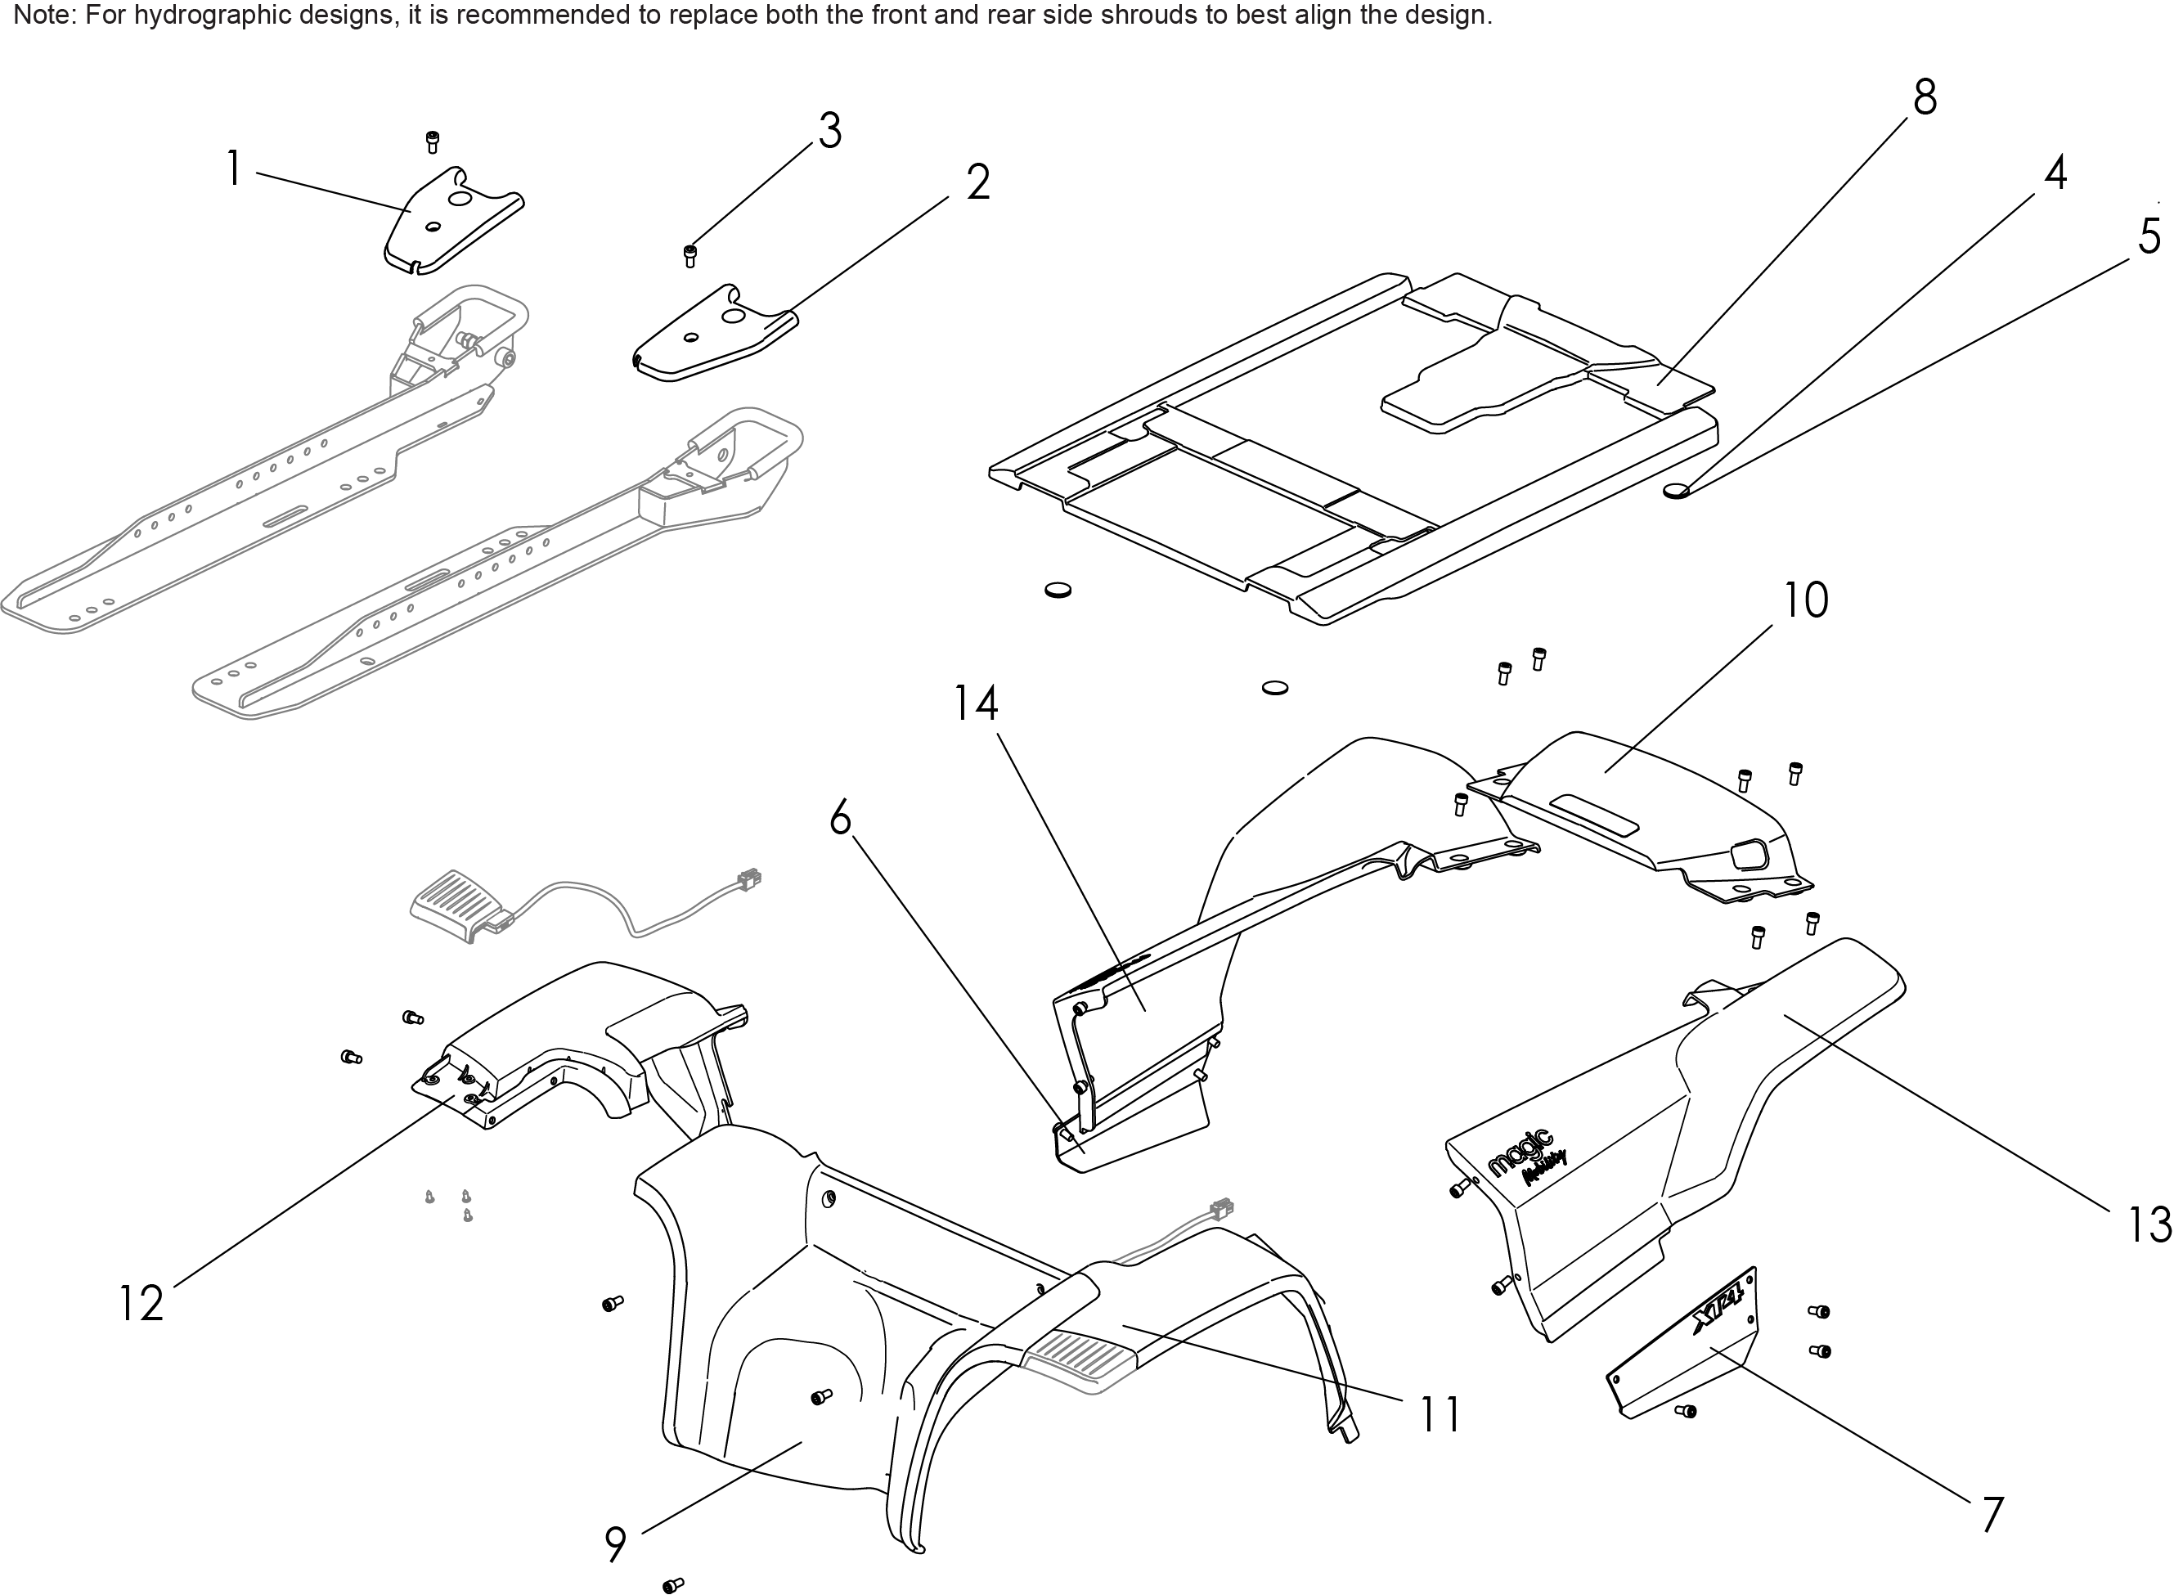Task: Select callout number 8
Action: coord(1925,98)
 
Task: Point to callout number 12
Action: coord(141,1304)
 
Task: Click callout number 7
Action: coord(1992,1515)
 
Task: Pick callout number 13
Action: coord(2149,1226)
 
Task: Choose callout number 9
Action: coord(615,1545)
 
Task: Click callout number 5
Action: coord(2149,236)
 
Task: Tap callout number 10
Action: coord(1804,600)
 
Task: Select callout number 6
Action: coord(840,819)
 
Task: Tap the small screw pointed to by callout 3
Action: coord(689,256)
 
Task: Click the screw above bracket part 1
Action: coord(433,142)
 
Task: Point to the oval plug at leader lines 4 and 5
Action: coord(1676,491)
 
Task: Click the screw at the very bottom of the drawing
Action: coord(673,1584)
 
